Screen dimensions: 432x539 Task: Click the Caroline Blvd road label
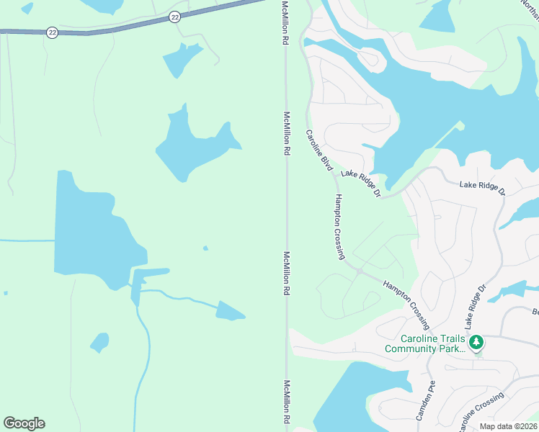tap(318, 151)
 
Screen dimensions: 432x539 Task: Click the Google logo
tap(24, 423)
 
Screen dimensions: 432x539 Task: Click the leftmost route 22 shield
tap(51, 32)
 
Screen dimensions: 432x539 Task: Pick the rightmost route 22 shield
tap(174, 16)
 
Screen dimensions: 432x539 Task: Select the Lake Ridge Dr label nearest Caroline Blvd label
tap(360, 183)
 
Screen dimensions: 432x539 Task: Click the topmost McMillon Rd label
tap(285, 23)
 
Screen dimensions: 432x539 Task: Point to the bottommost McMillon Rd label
tap(287, 402)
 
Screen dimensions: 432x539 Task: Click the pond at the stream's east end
tap(230, 311)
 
